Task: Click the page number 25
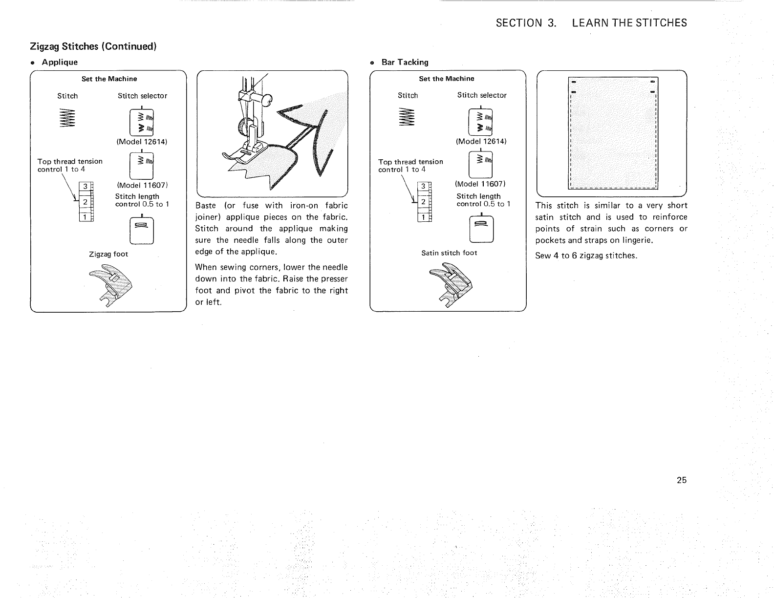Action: pyautogui.click(x=682, y=480)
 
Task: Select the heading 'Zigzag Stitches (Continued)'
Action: pyautogui.click(x=93, y=46)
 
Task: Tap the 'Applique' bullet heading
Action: pyautogui.click(x=60, y=62)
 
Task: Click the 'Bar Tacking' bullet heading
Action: pyautogui.click(x=405, y=62)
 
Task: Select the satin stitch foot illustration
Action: pyautogui.click(x=449, y=286)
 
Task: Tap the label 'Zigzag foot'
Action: pyautogui.click(x=108, y=254)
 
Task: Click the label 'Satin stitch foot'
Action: pyautogui.click(x=449, y=253)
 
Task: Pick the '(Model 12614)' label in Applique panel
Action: pyautogui.click(x=142, y=142)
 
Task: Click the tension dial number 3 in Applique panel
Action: pyautogui.click(x=85, y=186)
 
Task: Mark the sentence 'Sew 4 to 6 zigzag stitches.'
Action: pyautogui.click(x=586, y=256)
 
